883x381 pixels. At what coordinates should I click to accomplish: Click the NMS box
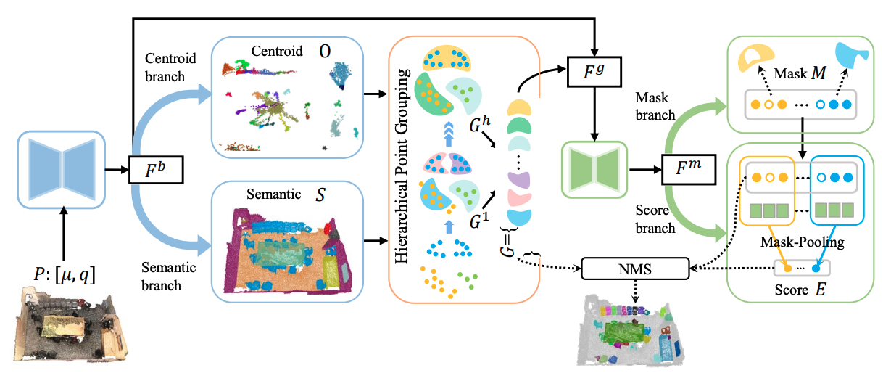(x=634, y=270)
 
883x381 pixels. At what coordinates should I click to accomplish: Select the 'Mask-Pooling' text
(x=801, y=243)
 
